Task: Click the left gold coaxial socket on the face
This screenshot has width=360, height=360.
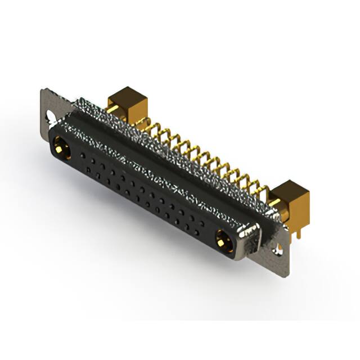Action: pos(61,148)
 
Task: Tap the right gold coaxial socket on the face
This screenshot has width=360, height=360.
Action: pos(222,242)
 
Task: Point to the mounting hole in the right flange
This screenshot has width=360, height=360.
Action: pos(277,251)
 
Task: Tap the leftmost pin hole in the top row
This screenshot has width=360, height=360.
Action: pos(83,154)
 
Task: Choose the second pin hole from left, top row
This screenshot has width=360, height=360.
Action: pos(92,159)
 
